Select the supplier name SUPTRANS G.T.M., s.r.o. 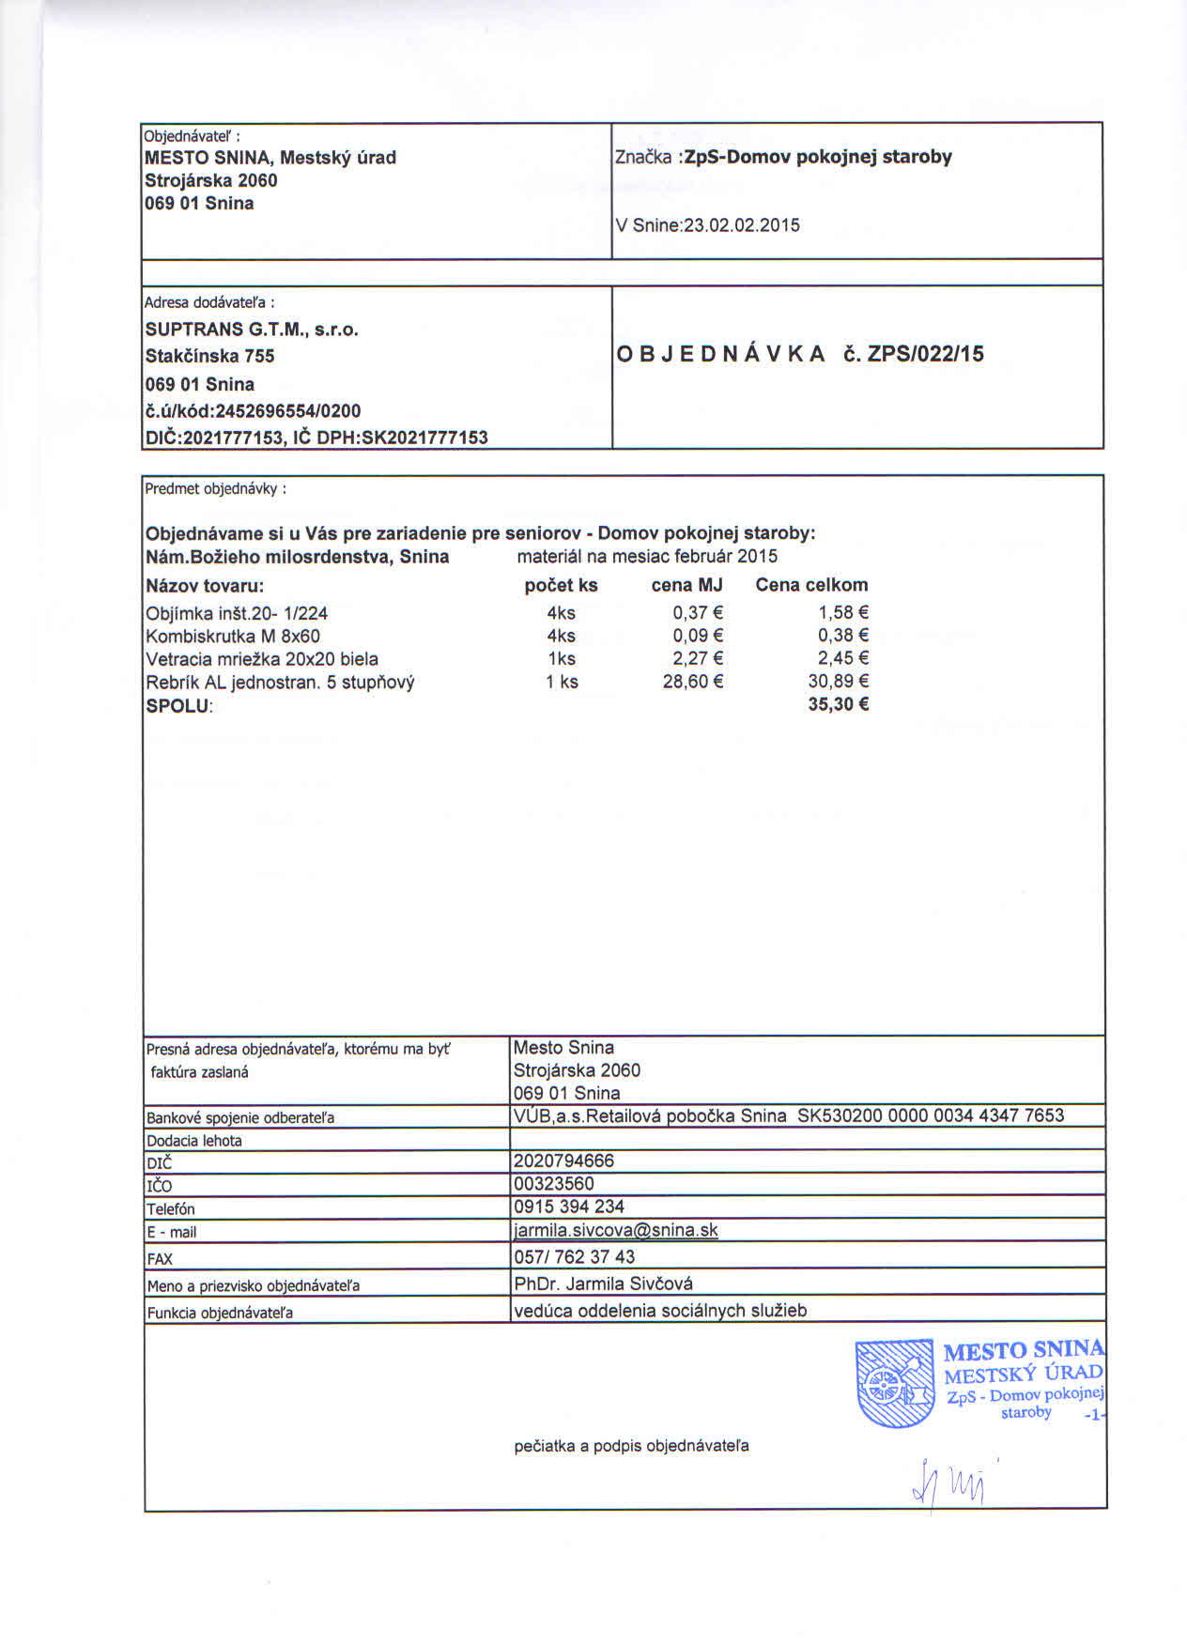point(252,330)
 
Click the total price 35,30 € point(838,704)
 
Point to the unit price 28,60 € point(692,682)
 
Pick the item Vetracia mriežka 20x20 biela point(262,659)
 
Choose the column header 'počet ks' point(561,586)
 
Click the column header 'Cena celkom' point(811,586)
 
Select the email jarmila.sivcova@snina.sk point(615,1230)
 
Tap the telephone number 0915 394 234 point(568,1207)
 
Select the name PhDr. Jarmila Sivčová point(603,1284)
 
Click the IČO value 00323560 point(554,1184)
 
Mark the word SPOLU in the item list point(177,705)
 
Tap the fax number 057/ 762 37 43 point(574,1257)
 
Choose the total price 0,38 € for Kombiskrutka point(842,637)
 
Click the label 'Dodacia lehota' point(194,1141)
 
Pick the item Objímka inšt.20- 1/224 point(237,614)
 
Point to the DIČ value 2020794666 point(563,1161)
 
